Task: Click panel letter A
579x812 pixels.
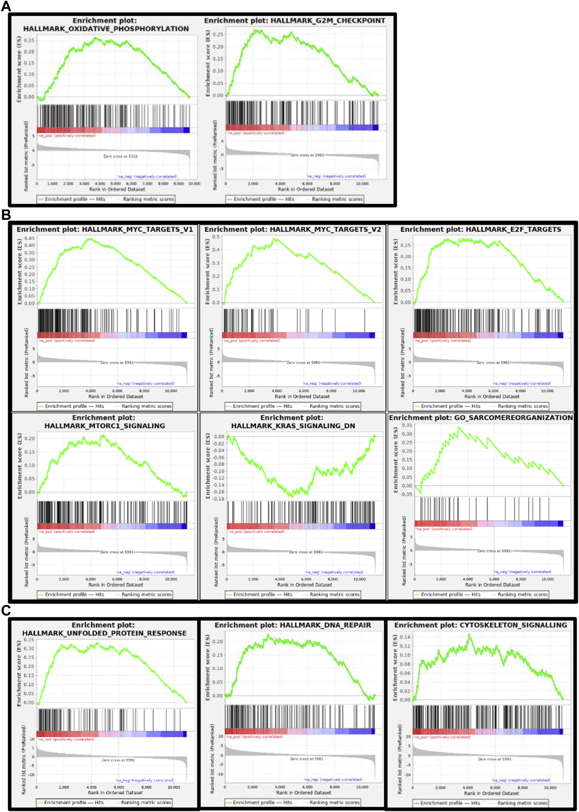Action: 6,6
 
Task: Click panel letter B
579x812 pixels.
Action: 6,215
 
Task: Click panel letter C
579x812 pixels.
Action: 6,610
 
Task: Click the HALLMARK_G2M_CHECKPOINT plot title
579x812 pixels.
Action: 294,21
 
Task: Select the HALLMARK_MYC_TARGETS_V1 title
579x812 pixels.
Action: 105,229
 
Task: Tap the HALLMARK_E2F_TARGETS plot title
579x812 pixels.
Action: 480,229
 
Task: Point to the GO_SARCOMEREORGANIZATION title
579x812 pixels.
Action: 481,417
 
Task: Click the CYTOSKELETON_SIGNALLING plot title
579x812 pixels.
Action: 480,625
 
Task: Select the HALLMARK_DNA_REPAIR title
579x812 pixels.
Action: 292,625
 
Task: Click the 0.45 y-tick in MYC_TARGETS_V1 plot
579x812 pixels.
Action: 30,238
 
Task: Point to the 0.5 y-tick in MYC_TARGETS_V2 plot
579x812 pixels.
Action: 216,237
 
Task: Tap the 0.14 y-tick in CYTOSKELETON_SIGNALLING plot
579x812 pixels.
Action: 405,637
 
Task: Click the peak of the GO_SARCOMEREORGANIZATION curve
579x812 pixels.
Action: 459,427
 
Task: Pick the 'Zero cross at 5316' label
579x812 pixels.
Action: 120,156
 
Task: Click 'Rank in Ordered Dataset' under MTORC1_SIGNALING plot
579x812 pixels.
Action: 116,585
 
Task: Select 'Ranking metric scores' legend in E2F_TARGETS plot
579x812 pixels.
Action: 522,406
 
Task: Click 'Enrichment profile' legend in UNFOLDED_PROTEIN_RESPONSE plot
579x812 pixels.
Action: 65,802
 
